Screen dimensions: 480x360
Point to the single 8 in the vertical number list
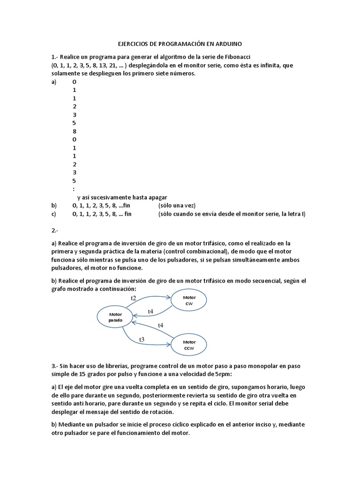pos(75,131)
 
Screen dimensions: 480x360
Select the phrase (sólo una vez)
pos(176,205)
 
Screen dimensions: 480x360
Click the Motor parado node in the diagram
pos(115,317)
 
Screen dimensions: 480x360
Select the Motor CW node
pos(189,300)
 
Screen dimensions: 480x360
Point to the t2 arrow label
pos(134,298)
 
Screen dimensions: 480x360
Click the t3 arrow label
pos(142,339)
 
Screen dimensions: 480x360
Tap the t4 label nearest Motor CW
pos(150,311)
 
